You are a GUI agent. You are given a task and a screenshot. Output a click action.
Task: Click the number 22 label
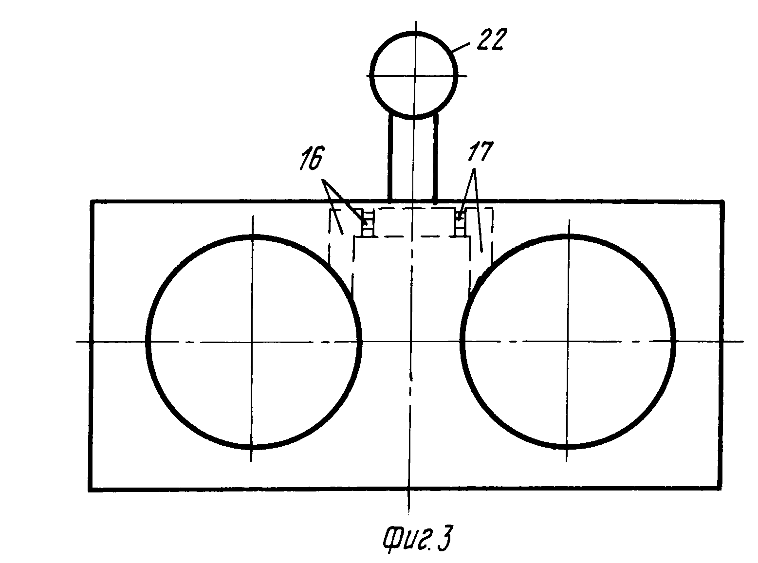click(490, 39)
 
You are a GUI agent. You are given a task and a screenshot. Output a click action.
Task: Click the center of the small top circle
click(414, 76)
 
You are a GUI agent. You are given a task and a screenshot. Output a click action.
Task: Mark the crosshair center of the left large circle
click(252, 342)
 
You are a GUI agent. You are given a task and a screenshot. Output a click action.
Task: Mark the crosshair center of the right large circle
click(568, 342)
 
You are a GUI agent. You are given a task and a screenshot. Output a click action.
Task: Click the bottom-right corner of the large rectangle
click(720, 486)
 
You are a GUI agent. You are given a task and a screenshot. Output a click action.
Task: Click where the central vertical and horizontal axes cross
click(411, 342)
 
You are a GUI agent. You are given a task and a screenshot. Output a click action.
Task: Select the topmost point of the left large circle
click(252, 237)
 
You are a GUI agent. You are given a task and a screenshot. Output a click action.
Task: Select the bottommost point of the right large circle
click(568, 445)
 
